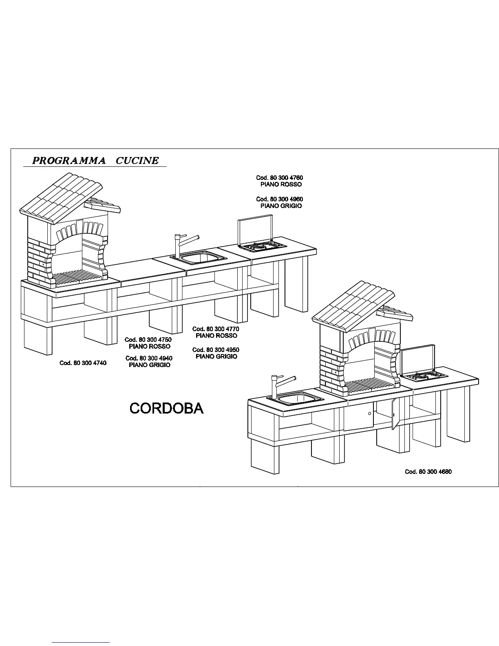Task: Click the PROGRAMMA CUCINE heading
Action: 95,160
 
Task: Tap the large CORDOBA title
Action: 166,408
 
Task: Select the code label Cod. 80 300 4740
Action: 83,363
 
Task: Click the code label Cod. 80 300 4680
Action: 428,471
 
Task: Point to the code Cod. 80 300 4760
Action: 279,178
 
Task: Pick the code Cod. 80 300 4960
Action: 279,199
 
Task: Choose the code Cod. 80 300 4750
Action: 148,339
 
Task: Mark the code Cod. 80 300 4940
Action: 149,358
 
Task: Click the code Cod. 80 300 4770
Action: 216,329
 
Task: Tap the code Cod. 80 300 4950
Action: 216,350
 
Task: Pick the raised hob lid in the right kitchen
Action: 417,359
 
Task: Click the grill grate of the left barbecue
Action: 77,278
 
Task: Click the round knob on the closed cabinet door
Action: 369,414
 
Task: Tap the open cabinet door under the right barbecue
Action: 394,414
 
